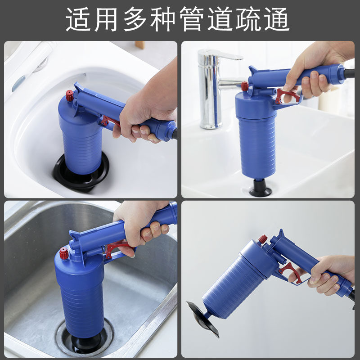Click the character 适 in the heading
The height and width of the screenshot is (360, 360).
point(78,19)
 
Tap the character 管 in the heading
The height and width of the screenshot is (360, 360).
point(192,19)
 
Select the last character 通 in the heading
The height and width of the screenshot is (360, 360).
point(277,19)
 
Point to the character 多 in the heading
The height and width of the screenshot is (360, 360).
point(135,19)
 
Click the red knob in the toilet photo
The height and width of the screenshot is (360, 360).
point(70,95)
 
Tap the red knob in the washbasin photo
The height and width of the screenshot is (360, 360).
point(245,86)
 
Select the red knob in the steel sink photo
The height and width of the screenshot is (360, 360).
point(64,253)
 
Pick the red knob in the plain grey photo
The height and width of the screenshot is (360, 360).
point(263,239)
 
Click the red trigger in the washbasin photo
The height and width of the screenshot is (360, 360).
point(287,96)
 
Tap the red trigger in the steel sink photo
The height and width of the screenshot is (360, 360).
point(116,249)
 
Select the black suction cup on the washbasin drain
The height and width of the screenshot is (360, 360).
point(261,188)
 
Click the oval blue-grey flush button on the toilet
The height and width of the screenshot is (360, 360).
point(18,83)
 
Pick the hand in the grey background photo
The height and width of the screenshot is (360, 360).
point(328,275)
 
